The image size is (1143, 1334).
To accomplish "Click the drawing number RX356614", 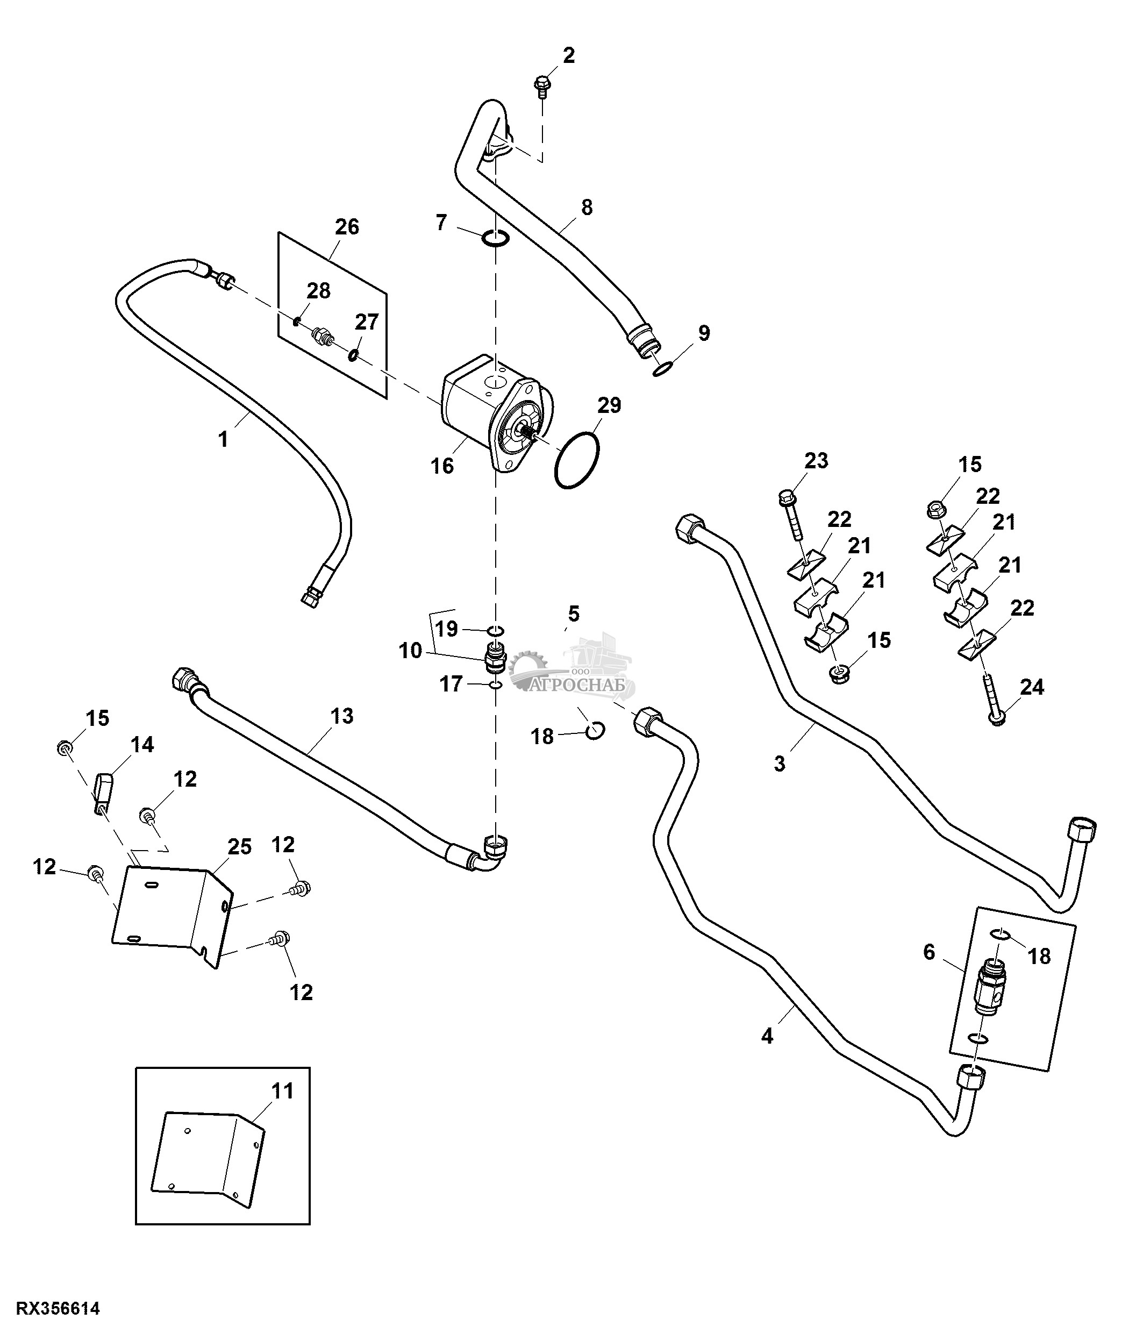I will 58,1308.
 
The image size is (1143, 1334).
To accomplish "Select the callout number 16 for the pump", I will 442,466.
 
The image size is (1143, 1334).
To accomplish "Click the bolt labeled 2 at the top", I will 542,85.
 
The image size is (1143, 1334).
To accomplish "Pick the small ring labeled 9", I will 663,369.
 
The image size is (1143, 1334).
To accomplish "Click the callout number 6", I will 928,952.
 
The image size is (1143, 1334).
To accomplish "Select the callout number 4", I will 767,1036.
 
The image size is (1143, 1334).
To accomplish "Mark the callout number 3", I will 780,764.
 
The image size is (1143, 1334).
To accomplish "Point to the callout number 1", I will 223,440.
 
